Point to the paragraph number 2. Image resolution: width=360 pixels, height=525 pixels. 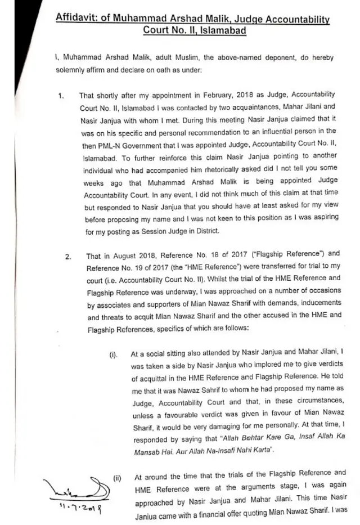(x=67, y=257)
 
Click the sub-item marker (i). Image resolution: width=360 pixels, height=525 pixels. (x=114, y=355)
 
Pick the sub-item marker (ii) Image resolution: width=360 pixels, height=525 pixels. (x=117, y=478)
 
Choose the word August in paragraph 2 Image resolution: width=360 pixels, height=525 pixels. (x=118, y=257)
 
